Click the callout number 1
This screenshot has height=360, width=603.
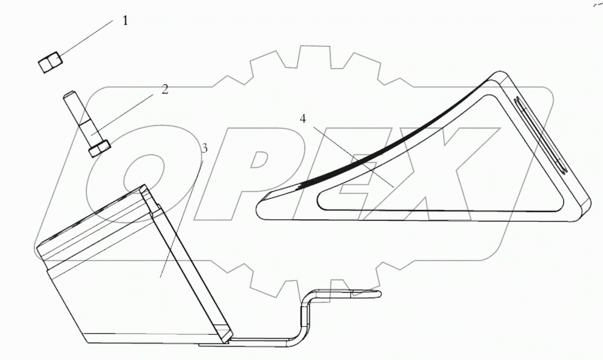click(124, 21)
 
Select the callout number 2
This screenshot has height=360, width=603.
click(164, 89)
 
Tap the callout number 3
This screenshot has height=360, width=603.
click(205, 149)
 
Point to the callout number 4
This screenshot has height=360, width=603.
click(302, 119)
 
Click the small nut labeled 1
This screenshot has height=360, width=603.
click(50, 63)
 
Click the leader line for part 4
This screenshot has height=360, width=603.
click(350, 154)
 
